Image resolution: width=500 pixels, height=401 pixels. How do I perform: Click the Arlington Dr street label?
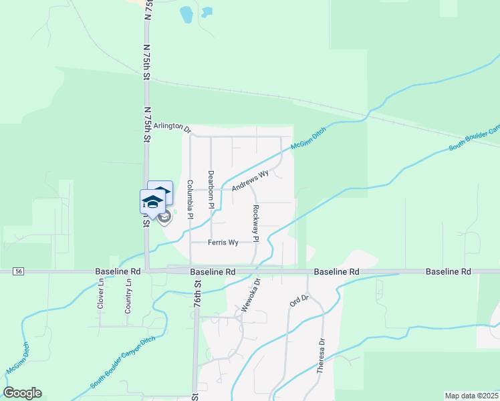[172, 126]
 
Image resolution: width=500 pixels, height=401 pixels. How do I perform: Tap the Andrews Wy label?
[250, 180]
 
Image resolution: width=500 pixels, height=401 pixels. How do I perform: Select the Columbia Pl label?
[190, 199]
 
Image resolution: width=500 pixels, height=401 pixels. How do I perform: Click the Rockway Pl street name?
[256, 223]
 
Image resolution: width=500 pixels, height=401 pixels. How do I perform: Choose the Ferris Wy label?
[223, 243]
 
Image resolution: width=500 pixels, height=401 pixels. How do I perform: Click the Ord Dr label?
[298, 300]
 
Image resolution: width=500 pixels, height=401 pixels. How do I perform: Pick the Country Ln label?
[128, 297]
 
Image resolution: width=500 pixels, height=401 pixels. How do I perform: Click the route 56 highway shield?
[18, 271]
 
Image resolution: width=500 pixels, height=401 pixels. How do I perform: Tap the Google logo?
[22, 393]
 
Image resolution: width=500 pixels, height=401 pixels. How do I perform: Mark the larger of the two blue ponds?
[186, 13]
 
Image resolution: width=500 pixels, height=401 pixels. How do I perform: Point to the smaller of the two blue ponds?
[207, 11]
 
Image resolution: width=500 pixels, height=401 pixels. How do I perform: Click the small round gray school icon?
[165, 217]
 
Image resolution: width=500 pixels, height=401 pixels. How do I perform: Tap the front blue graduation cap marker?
[152, 201]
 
